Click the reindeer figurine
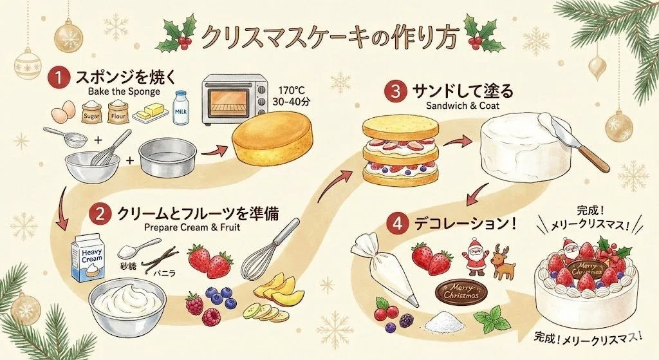point(503,261)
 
